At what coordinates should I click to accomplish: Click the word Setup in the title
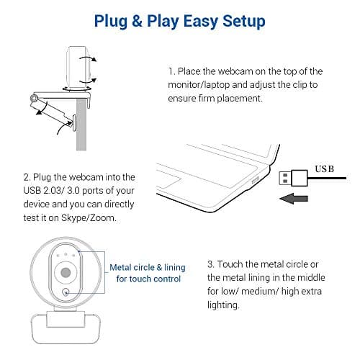click(242, 22)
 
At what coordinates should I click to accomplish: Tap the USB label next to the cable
click(325, 168)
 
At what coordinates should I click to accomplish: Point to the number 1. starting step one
click(172, 72)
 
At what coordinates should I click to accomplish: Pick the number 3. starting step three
click(210, 264)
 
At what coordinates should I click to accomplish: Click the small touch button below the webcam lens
click(66, 292)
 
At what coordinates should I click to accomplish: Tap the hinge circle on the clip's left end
click(34, 97)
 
